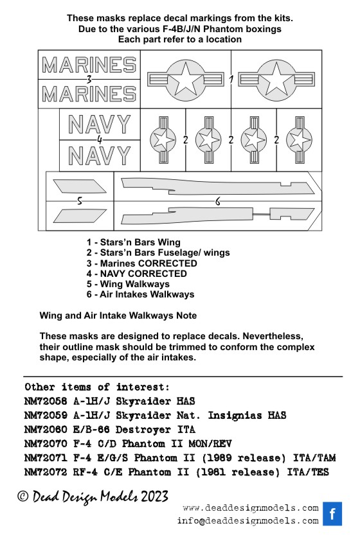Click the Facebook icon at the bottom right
[x=332, y=514]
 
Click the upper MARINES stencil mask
[x=89, y=64]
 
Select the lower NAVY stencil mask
[x=100, y=155]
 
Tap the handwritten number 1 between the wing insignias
[x=231, y=80]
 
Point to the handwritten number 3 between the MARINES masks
[x=89, y=80]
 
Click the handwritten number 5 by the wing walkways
[x=80, y=200]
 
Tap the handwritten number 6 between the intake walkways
[x=218, y=201]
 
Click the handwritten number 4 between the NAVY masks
[x=100, y=140]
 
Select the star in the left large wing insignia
[x=185, y=79]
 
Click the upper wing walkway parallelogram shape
[x=80, y=186]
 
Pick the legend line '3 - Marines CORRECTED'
[x=141, y=263]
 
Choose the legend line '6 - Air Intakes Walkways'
[x=140, y=294]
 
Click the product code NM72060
[x=46, y=429]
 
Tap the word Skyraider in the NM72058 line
[x=143, y=401]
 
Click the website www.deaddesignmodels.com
[x=251, y=508]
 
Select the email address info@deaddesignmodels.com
[x=248, y=521]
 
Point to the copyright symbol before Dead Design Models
[x=22, y=496]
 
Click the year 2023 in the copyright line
[x=155, y=497]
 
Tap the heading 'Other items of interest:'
[x=97, y=387]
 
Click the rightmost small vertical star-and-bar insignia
[x=299, y=140]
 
